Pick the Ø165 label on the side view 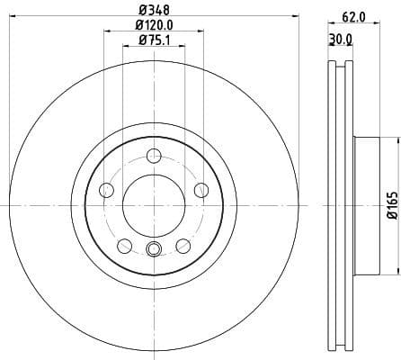391,204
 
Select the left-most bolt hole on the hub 106,189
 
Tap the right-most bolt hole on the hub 200,188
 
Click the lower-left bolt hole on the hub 123,244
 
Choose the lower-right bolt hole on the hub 183,244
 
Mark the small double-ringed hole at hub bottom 153,250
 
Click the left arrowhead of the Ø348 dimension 5,22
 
